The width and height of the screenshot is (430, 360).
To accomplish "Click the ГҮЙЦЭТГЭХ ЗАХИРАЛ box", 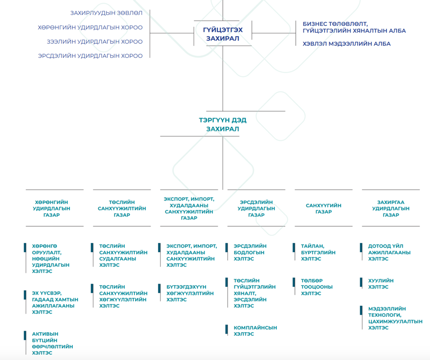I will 222,34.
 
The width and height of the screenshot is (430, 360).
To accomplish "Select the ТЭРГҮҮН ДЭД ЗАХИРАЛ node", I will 222,124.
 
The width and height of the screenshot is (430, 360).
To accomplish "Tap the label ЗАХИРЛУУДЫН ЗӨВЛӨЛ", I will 106,13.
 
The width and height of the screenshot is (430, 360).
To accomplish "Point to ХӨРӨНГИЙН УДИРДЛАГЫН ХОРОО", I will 90,27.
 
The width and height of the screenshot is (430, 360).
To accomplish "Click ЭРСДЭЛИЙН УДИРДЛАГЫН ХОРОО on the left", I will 90,56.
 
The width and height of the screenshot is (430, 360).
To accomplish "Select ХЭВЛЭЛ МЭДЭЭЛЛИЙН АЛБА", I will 346,44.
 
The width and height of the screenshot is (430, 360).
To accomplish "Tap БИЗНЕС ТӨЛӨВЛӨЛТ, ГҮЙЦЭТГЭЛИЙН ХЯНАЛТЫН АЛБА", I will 354,27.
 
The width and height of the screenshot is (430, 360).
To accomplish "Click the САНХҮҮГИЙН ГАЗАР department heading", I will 324,208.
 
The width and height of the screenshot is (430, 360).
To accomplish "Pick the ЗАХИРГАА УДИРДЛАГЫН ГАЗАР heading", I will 391,208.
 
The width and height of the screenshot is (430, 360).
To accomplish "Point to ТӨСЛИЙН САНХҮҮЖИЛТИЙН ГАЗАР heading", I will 122,208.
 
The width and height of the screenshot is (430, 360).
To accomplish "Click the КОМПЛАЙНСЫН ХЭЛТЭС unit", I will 255,331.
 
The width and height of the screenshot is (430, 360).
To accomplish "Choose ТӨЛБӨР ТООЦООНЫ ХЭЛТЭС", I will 317,287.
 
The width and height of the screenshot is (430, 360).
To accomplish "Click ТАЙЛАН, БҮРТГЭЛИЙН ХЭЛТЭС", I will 318,253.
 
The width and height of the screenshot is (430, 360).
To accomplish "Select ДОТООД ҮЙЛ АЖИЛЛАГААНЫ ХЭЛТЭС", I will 389,253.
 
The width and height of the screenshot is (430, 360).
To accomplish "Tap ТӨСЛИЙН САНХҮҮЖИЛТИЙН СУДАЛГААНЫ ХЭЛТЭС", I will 123,256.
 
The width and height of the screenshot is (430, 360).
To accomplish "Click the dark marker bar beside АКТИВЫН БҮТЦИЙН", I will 25,336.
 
